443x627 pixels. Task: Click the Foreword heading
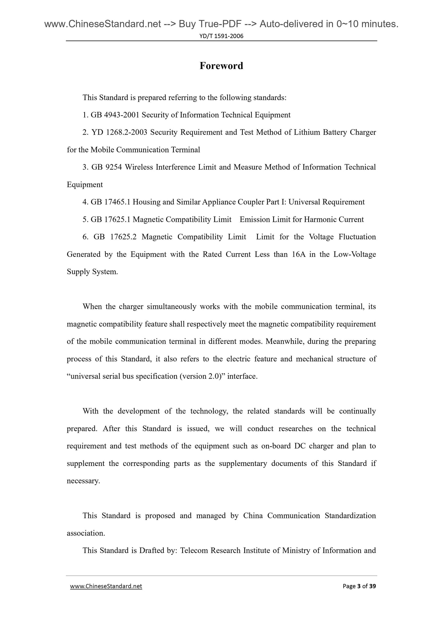pos(221,66)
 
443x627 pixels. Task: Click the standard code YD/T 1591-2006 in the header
pos(221,36)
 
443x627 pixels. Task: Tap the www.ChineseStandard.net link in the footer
pos(106,586)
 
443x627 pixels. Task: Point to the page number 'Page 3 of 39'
pos(359,586)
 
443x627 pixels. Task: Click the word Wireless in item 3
pos(139,167)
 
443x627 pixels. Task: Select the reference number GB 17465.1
pos(111,202)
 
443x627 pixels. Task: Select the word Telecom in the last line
pos(193,551)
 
